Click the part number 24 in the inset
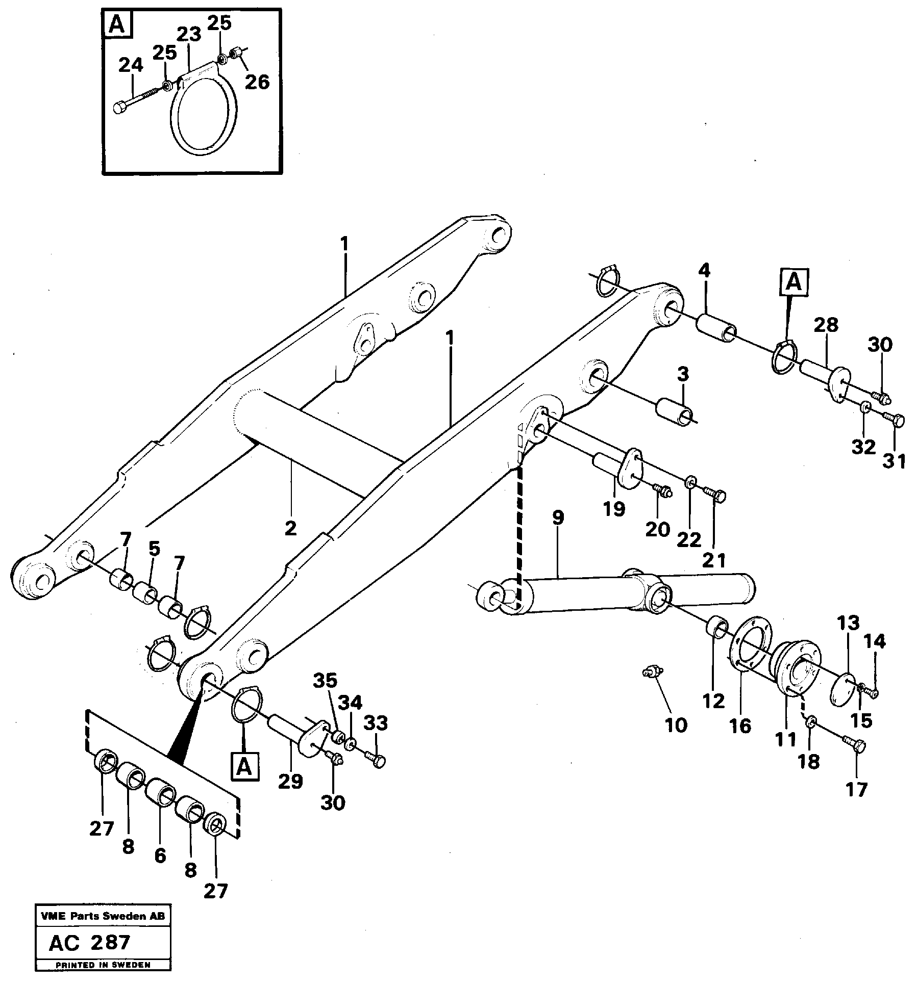point(131,66)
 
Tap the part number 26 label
point(257,81)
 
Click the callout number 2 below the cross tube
point(290,528)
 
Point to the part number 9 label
point(558,518)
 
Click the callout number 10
point(676,725)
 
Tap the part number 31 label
point(894,461)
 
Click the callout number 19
point(613,508)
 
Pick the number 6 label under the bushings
point(160,855)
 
